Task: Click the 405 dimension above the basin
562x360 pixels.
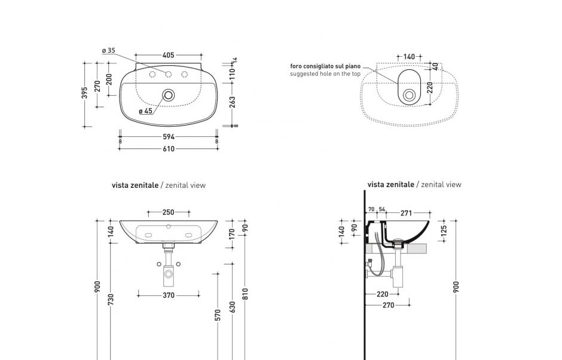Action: tap(169, 55)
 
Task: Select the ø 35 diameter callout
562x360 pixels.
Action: tap(108, 51)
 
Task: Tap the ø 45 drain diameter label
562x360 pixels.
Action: tap(145, 111)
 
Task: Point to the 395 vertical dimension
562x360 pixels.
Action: tap(85, 93)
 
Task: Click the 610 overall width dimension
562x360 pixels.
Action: tap(169, 149)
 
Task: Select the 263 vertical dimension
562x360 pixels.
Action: tap(233, 102)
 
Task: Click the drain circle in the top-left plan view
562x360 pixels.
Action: tap(169, 94)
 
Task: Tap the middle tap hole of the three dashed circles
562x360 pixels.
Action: tap(169, 74)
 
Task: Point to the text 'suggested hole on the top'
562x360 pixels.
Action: tap(325, 74)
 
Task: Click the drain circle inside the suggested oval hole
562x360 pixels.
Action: tap(410, 94)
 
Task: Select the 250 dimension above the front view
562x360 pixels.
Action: tap(169, 212)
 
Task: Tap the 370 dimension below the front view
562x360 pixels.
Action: tap(169, 295)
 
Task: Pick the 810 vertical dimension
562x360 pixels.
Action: tap(245, 294)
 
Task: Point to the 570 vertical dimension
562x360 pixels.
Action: tap(218, 315)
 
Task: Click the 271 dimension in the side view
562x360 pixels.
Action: tap(407, 213)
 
